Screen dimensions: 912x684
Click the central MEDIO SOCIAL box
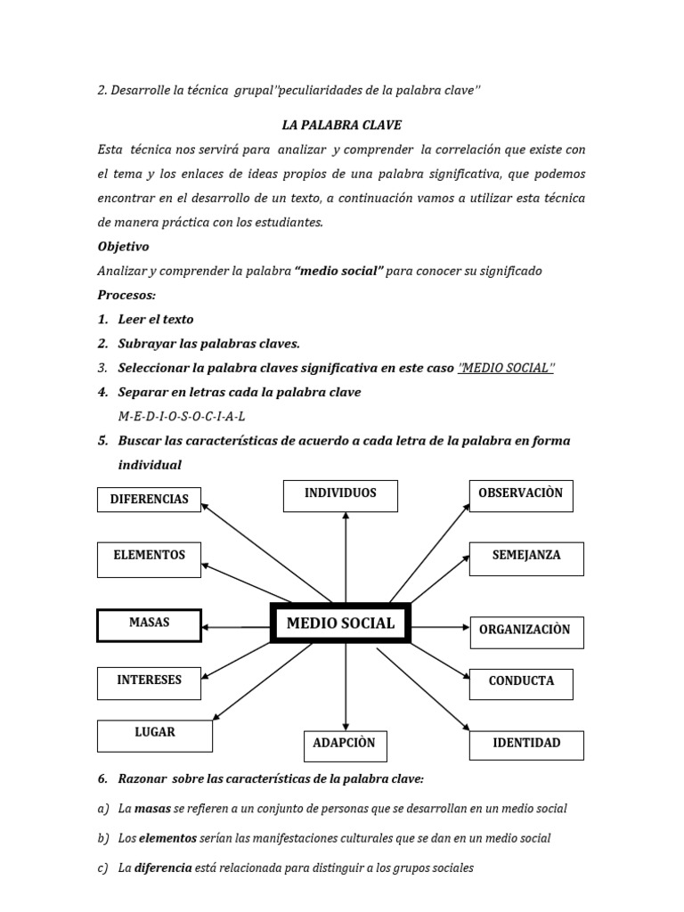pos(339,623)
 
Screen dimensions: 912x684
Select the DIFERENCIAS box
pos(149,500)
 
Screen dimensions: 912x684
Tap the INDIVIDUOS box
pos(340,495)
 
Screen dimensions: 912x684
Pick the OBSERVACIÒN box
pos(520,494)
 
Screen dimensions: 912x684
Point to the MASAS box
pos(149,624)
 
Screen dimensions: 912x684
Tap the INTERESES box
pos(149,681)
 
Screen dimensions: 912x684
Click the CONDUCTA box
pos(521,683)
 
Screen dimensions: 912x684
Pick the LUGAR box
pos(155,735)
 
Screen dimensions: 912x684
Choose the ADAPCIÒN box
pos(344,744)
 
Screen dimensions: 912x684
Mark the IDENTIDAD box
pos(526,745)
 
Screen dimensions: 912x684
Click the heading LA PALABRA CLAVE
pos(341,126)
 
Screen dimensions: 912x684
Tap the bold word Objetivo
pos(123,247)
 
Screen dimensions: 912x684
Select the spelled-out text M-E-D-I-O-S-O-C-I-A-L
pos(182,416)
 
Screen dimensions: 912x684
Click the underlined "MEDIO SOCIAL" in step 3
pos(505,368)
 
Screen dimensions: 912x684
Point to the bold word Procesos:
pos(126,295)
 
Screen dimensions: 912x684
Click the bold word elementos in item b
pos(167,838)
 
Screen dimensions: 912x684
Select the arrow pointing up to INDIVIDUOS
pos(346,552)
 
